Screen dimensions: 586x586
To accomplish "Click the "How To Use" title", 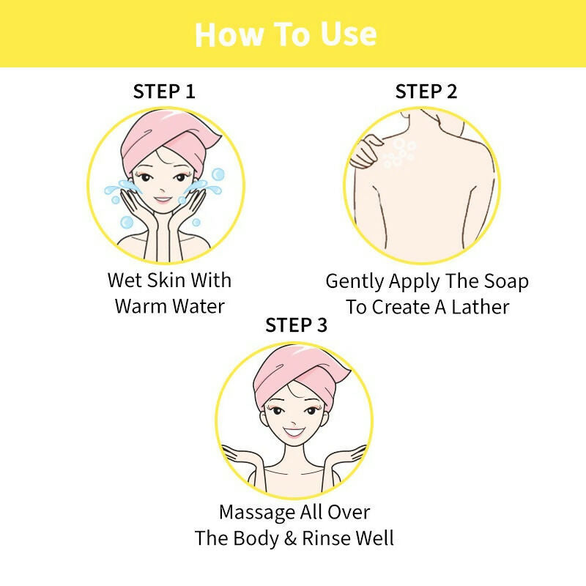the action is (x=286, y=34).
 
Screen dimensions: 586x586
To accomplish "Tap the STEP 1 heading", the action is (x=164, y=92).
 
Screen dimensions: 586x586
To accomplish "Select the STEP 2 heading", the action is (x=426, y=92).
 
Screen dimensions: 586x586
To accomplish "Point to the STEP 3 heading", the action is (x=297, y=324).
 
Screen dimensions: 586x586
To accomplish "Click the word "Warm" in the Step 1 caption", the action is (x=141, y=306).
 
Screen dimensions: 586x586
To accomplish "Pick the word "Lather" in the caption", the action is (x=481, y=307).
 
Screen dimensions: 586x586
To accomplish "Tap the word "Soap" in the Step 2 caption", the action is (x=506, y=281).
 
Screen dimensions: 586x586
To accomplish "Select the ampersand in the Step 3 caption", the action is (x=290, y=538).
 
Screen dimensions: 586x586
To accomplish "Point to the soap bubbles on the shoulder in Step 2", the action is (x=398, y=152).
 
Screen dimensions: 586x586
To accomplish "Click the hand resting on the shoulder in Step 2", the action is (x=366, y=152).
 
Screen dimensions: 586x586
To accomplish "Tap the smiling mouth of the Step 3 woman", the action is (x=294, y=432).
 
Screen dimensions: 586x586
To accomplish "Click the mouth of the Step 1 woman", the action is (x=163, y=199).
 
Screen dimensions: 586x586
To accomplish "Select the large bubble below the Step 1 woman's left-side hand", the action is (x=127, y=222).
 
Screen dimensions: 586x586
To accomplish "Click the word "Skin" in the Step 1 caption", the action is (x=166, y=281).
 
